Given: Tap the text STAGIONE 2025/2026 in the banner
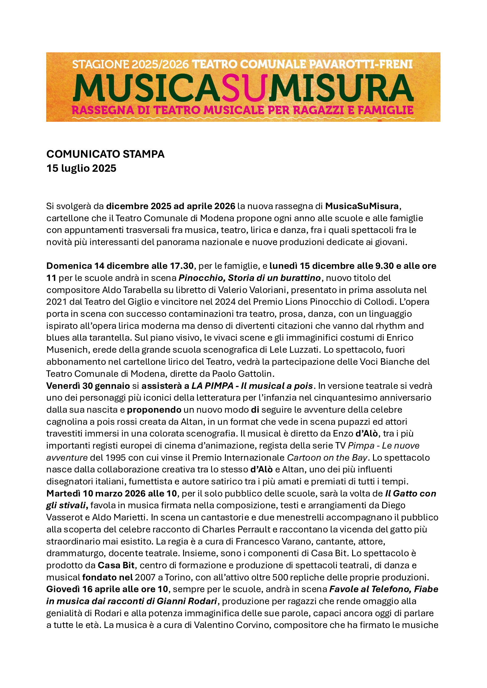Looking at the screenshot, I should (130, 64).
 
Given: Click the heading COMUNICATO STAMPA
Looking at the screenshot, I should (105, 154).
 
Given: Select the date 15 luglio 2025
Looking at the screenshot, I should (81, 169).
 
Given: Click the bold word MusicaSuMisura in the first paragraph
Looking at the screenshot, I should (362, 206).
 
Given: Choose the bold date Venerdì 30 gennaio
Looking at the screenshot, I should (88, 386).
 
